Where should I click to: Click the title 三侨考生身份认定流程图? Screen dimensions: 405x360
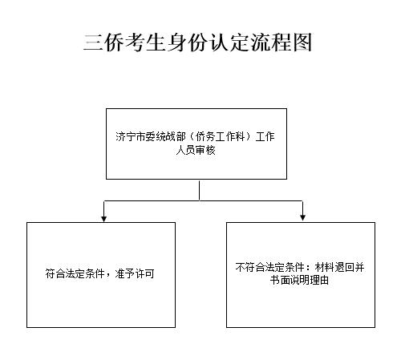tap(197, 42)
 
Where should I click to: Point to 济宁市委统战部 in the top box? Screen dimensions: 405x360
tap(151, 137)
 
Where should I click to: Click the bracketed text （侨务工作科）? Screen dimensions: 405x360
tap(221, 137)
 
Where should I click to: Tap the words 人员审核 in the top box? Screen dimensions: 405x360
tap(196, 150)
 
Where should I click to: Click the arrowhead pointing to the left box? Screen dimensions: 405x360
tap(104, 219)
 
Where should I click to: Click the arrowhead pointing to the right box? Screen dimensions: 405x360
tap(302, 218)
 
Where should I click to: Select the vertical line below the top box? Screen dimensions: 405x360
tap(200, 191)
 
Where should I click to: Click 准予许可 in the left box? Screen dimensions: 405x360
tap(135, 273)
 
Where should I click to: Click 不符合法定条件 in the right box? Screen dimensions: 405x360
tap(270, 267)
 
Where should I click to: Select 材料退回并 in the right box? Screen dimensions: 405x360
tap(339, 267)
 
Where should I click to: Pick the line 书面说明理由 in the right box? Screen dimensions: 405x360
tap(299, 281)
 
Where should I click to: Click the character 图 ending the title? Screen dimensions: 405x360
tap(302, 42)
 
